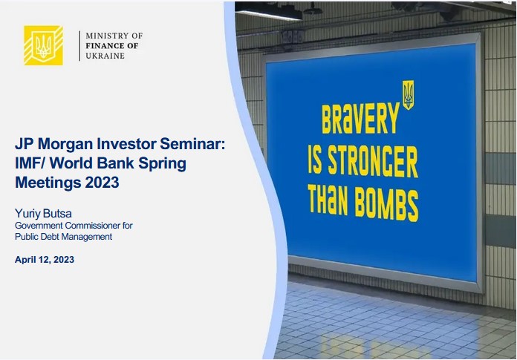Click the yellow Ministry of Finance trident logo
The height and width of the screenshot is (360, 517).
[x=43, y=45]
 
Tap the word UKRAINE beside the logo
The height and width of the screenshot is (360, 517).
[x=105, y=56]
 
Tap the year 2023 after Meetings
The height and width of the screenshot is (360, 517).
[x=103, y=182]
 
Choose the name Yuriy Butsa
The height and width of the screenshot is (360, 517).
[x=43, y=214]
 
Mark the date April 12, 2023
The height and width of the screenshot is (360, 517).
[x=45, y=260]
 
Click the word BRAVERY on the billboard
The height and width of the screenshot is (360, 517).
[x=360, y=118]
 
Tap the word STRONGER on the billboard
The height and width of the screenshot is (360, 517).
[x=373, y=161]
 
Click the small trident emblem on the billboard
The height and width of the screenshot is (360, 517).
[x=408, y=94]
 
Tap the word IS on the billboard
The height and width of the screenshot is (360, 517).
[x=314, y=160]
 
